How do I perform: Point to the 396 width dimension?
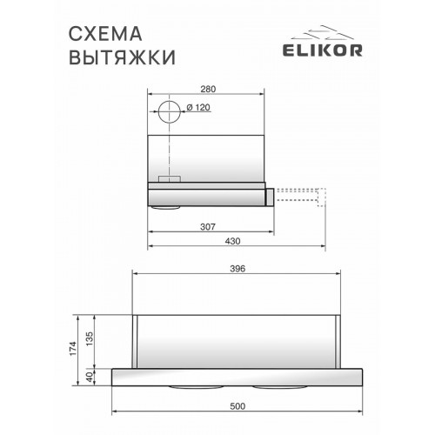[x=240, y=269]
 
